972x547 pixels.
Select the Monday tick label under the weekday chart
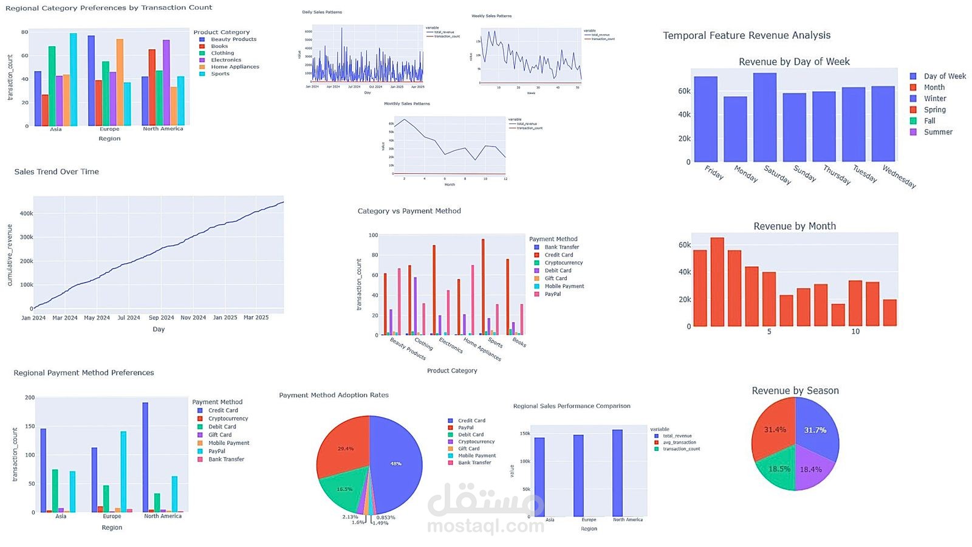pos(746,174)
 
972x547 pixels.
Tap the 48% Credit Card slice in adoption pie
pos(395,464)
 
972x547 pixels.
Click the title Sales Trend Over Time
pos(56,172)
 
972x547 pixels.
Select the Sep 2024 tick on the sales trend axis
pos(161,318)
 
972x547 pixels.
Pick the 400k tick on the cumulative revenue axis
pos(26,214)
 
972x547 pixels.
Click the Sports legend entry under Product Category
pos(220,74)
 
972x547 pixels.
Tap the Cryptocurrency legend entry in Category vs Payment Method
pos(563,263)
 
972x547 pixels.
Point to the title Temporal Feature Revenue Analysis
pos(746,35)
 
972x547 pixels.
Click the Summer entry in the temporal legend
pos(937,132)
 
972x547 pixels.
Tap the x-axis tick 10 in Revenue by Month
pos(855,332)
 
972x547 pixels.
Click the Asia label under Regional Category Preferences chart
pos(55,129)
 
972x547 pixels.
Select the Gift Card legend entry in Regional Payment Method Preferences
pos(219,435)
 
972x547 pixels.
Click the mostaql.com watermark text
pos(485,526)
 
